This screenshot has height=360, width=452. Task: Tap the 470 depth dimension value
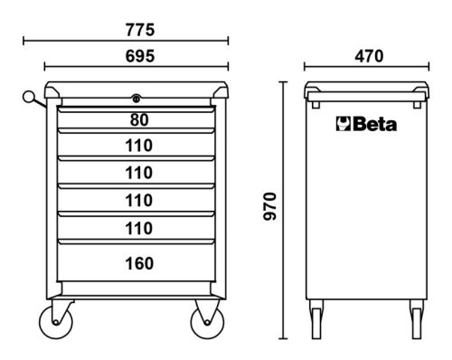(368, 55)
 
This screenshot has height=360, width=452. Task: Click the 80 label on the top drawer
(139, 120)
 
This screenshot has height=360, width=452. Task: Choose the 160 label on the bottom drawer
(139, 263)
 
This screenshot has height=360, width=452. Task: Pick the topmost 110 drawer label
(139, 145)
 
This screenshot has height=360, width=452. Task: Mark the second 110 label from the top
(139, 172)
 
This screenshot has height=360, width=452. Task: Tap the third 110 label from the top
(139, 199)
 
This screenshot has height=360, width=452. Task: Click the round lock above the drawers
(136, 99)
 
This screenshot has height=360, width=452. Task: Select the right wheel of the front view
(205, 324)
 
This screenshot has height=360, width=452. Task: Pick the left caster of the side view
(316, 323)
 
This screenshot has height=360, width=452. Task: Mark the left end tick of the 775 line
(24, 41)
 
